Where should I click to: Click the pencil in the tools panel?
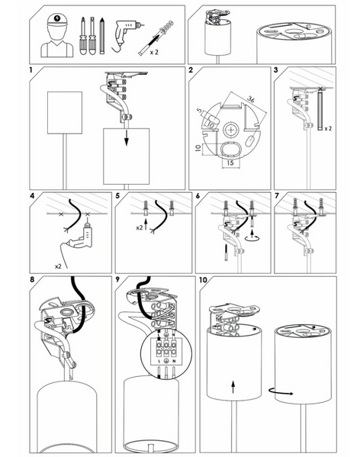click(x=101, y=36)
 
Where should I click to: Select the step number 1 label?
click(x=31, y=70)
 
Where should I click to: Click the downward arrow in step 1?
click(x=126, y=138)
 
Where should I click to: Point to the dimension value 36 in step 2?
click(x=251, y=99)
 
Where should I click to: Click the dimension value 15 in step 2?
click(x=230, y=163)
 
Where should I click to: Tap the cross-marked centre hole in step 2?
click(x=231, y=130)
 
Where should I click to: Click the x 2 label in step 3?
click(x=328, y=128)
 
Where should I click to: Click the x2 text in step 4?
click(x=58, y=266)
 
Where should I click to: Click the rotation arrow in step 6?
click(x=252, y=237)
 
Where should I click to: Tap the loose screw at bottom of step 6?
click(x=226, y=253)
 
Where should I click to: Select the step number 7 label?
click(x=277, y=196)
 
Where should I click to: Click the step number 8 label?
click(x=32, y=279)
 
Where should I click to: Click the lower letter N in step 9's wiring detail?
click(x=174, y=361)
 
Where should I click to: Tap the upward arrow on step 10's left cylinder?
click(x=233, y=386)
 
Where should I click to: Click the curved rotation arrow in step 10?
click(x=281, y=391)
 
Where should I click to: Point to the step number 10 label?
click(x=203, y=280)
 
